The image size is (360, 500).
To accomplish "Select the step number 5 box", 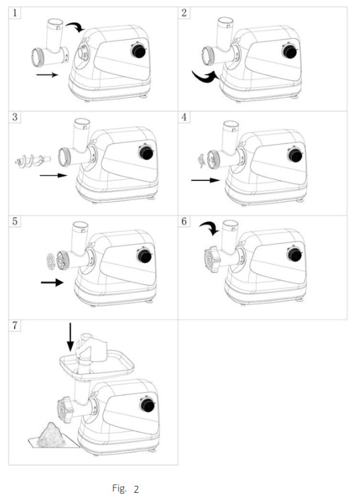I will click(x=16, y=222).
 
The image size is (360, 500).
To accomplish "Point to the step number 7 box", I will click(x=16, y=326).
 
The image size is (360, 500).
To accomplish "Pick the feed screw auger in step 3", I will click(x=30, y=162).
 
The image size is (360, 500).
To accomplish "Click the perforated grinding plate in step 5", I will click(x=49, y=260).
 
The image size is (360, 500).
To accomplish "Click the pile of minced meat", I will click(x=50, y=433).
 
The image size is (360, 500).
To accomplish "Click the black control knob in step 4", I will click(x=290, y=155).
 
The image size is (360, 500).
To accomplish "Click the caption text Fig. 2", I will click(x=125, y=489).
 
